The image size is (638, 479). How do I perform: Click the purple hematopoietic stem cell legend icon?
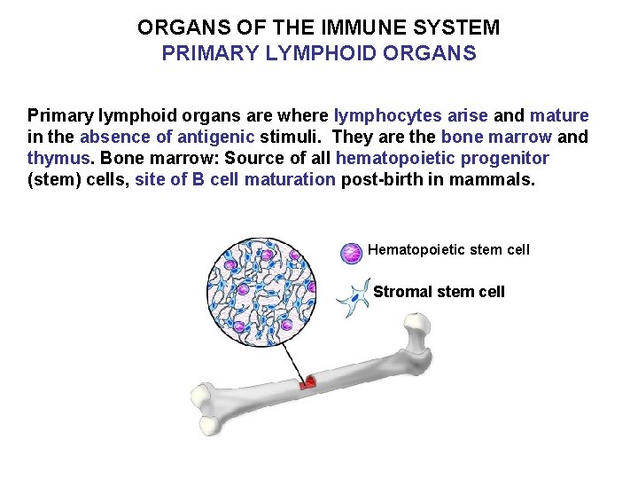(352, 253)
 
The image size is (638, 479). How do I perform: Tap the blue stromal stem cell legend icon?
(354, 297)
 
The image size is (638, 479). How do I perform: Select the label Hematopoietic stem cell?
(448, 250)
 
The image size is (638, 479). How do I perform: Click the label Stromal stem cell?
(439, 292)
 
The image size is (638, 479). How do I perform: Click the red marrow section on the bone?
(308, 383)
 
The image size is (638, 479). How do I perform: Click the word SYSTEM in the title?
(465, 27)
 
